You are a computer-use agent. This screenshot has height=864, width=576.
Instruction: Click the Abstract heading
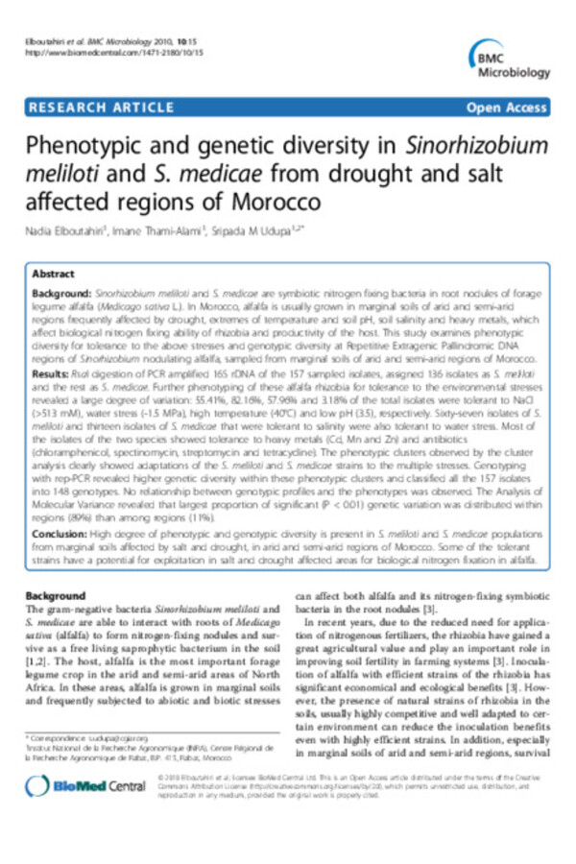[x=55, y=274]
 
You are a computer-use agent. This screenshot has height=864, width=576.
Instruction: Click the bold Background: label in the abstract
[x=63, y=290]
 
